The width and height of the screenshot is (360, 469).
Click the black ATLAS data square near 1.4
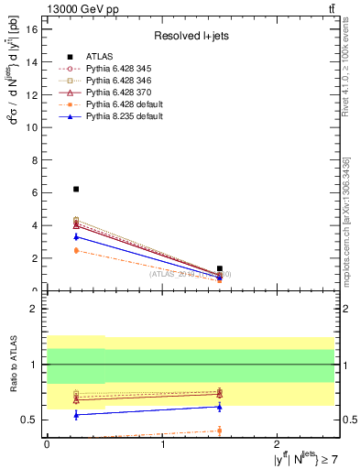coord(219,268)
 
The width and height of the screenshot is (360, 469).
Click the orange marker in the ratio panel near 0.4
coord(219,430)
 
